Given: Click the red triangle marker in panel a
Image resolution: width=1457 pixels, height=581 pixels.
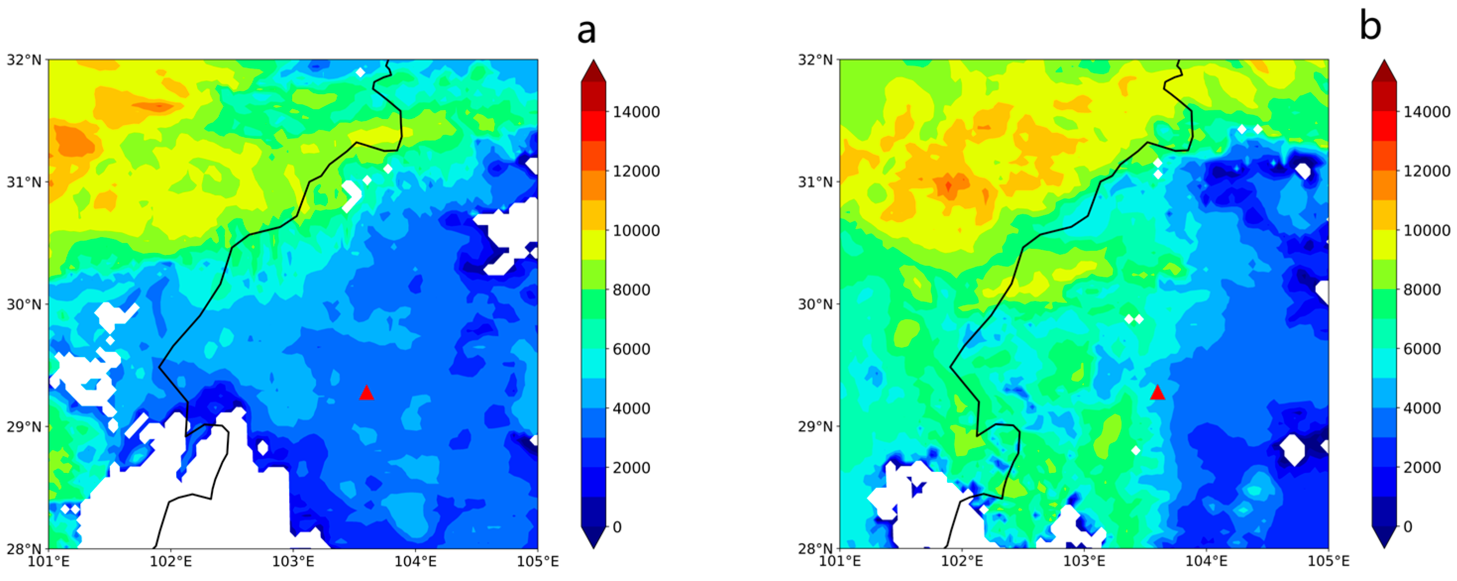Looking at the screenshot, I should [x=366, y=393].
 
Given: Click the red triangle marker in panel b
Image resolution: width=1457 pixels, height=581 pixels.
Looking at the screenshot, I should [x=1157, y=392].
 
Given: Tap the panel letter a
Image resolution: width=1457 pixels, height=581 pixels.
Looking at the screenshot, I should [x=586, y=31].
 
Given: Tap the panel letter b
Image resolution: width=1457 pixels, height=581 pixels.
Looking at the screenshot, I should [x=1370, y=26].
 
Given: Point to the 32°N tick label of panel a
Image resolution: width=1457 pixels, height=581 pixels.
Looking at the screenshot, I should [x=24, y=59].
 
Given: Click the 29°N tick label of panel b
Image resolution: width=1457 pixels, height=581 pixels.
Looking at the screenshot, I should [x=815, y=426].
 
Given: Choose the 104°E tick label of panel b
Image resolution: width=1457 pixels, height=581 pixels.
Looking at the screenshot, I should [x=1206, y=561].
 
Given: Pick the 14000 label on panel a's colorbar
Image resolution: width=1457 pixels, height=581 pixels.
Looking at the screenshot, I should [x=636, y=112].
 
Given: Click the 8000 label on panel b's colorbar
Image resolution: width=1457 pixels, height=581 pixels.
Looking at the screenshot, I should [x=1422, y=290].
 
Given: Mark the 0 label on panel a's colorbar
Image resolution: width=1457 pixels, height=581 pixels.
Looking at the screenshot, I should [x=617, y=527].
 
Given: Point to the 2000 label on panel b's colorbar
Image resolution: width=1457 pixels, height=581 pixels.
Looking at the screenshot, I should [x=1422, y=467].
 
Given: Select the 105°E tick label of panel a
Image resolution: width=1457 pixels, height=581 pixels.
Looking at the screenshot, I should [x=537, y=561].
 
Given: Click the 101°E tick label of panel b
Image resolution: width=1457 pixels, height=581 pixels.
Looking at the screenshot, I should [x=839, y=561].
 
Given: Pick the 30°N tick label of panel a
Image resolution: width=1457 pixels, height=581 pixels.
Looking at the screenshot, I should [x=24, y=304].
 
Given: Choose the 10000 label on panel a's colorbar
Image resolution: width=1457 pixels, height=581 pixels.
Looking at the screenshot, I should [x=636, y=230].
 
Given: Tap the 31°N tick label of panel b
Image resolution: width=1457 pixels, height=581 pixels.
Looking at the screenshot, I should [x=815, y=182].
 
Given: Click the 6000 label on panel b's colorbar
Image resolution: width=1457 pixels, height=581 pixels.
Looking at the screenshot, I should [x=1422, y=349].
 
